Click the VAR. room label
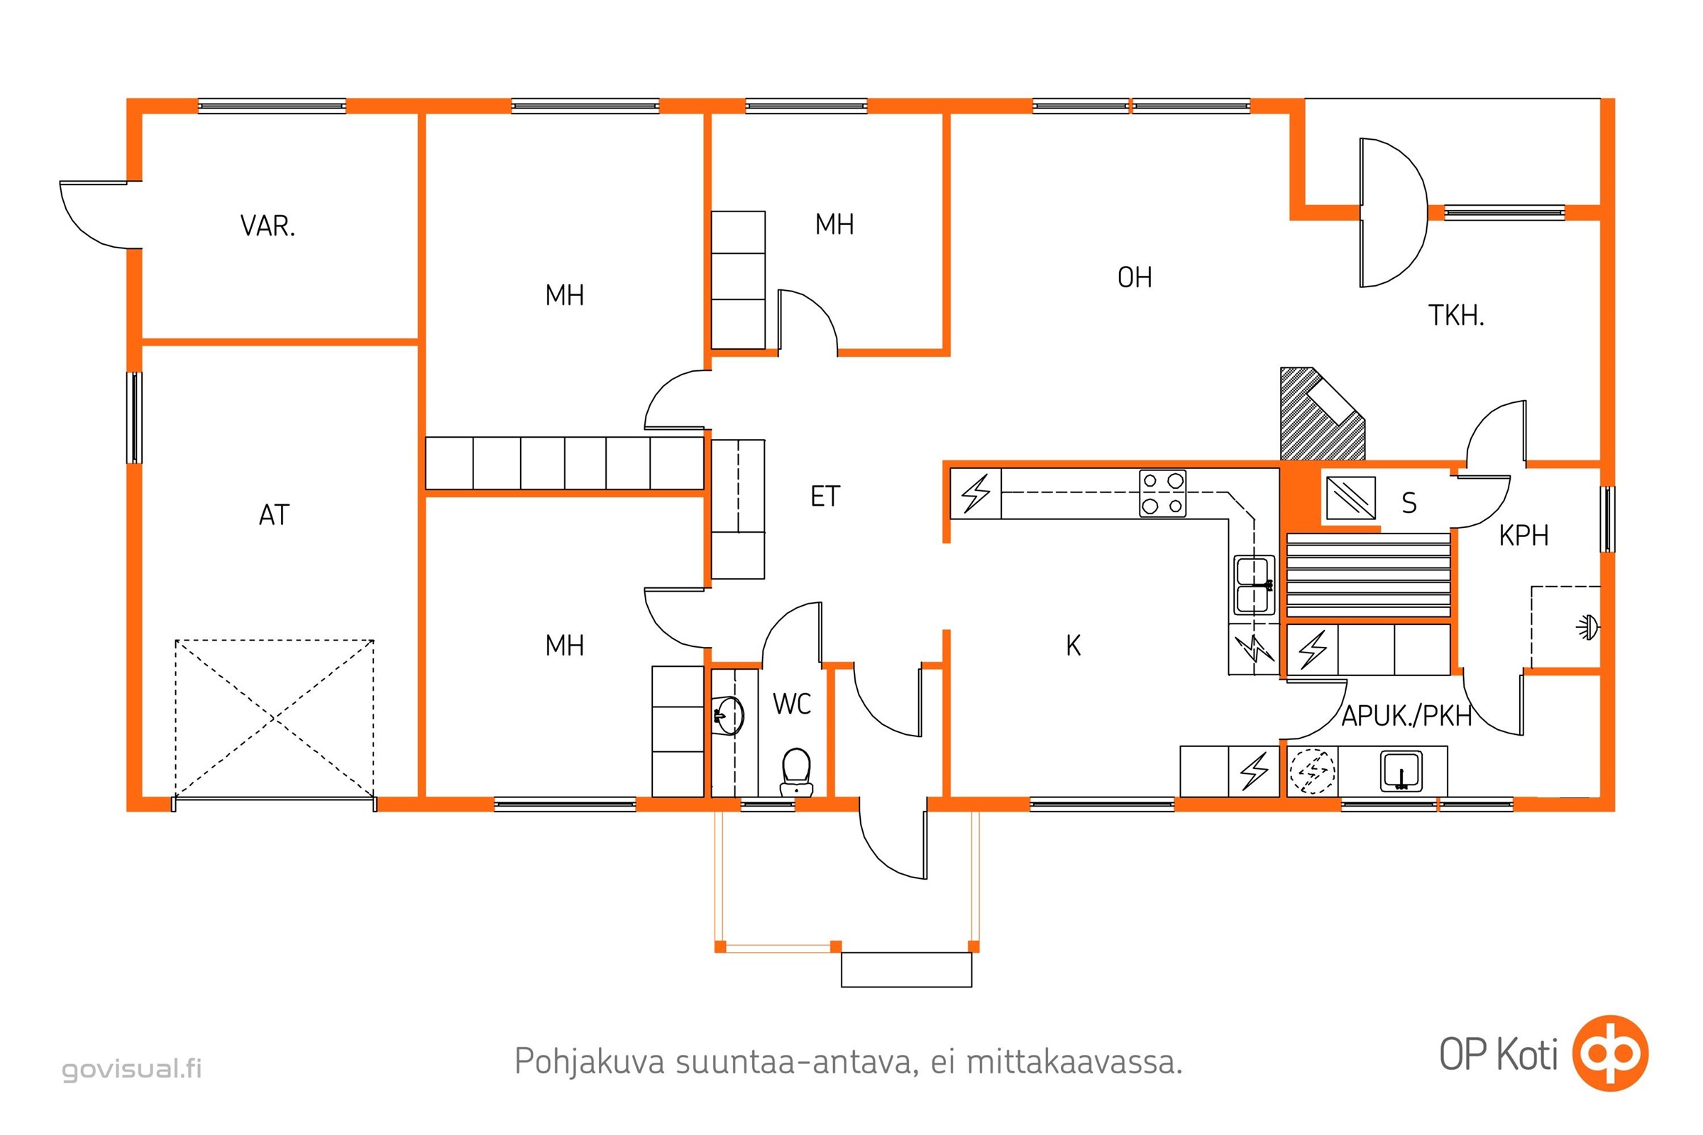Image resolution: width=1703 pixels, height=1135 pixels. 268,226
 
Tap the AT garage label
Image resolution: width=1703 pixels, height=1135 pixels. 275,515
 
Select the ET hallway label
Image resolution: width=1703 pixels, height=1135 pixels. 825,497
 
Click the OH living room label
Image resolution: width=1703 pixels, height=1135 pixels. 1135,277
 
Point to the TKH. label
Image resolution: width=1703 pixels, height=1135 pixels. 1455,316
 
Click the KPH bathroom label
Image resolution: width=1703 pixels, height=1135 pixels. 1523,536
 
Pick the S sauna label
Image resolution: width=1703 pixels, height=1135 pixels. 1409,502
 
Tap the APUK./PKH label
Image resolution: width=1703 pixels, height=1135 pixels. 1406,716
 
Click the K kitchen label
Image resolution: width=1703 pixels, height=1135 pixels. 1073,646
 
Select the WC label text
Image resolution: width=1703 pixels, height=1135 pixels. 791,704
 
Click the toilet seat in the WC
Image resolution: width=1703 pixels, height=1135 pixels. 796,769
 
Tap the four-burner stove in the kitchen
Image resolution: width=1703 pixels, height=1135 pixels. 1162,494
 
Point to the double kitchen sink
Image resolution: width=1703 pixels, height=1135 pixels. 1255,585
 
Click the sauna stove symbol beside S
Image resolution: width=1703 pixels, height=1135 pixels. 1350,497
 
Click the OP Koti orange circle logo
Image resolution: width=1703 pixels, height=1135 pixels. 1610,1053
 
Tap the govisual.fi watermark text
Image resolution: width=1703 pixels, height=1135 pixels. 132,1069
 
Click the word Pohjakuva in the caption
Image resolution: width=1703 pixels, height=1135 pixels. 589,1062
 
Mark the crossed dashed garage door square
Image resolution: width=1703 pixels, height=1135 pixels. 275,719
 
